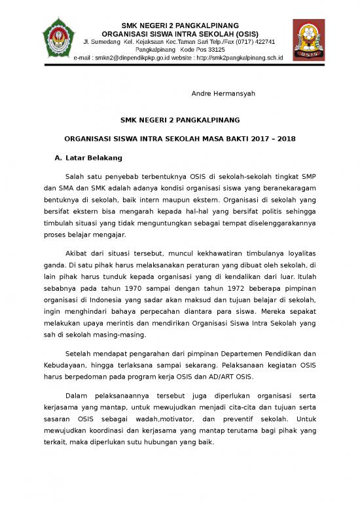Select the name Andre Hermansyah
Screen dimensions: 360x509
tap(223, 94)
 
